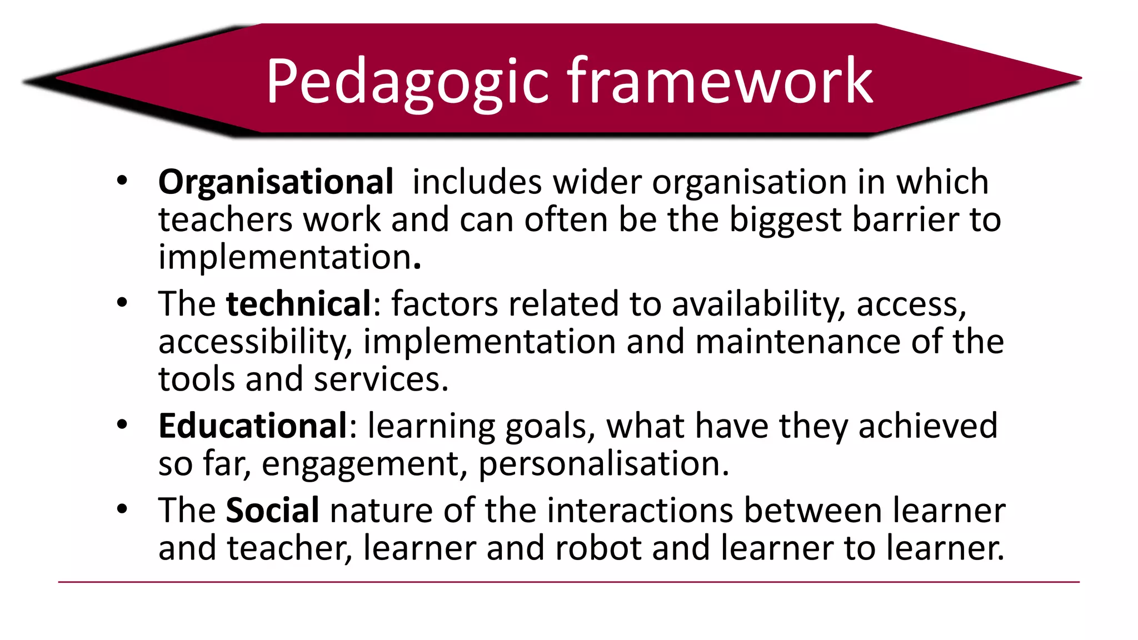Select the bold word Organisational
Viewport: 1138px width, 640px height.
276,182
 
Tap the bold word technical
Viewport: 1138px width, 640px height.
298,304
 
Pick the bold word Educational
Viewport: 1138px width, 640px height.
253,426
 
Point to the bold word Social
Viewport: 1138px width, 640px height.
272,511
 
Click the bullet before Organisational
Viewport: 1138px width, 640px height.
122,181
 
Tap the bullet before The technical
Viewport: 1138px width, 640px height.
122,303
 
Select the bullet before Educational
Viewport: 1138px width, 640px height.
122,425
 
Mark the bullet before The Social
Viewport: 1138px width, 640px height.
122,509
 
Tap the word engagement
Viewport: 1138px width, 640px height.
361,465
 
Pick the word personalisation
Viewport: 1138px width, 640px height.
603,465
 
